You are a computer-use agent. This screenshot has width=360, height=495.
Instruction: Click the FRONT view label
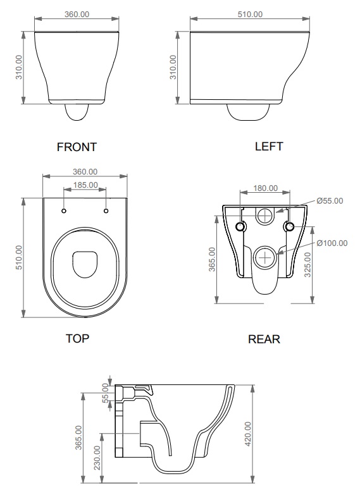point(77,147)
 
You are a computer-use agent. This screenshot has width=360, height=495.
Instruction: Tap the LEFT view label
point(269,147)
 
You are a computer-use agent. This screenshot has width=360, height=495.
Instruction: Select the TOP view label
point(77,338)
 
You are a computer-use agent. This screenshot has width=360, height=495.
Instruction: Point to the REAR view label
point(264,339)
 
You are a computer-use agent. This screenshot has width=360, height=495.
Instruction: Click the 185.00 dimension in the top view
point(85,185)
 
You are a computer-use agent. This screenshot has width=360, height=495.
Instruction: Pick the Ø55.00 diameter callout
point(330,201)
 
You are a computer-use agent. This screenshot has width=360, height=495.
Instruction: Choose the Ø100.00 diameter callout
point(332,243)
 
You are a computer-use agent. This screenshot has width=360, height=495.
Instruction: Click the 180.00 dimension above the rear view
point(266,188)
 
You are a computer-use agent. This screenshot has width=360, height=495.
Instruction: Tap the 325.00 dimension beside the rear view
point(307,264)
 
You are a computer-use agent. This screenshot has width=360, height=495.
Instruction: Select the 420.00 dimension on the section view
point(248,434)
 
